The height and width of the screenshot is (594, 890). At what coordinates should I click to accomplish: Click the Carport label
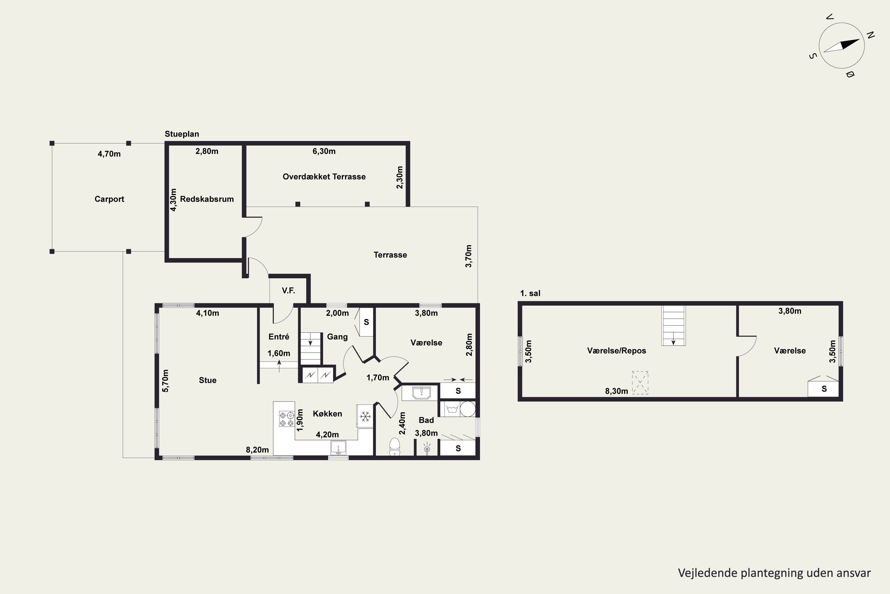(109, 199)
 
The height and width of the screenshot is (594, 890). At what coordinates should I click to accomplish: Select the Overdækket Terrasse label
(324, 176)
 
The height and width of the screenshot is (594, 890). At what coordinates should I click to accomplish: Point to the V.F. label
(288, 290)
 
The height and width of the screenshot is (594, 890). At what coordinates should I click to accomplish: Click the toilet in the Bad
(394, 447)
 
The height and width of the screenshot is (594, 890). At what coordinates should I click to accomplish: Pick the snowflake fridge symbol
(365, 417)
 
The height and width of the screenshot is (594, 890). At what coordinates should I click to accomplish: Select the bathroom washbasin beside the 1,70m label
(421, 392)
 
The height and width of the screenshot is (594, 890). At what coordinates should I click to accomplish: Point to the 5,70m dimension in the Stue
(165, 381)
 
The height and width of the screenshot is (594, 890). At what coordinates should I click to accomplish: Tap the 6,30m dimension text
(324, 151)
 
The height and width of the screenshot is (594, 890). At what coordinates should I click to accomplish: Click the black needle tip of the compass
(860, 39)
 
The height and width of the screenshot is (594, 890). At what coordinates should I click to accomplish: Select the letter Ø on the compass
(850, 75)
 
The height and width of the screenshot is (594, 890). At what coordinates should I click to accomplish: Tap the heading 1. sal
(530, 293)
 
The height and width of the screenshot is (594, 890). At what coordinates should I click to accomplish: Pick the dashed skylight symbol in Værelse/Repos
(640, 383)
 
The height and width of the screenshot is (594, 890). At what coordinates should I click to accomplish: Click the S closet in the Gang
(366, 322)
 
